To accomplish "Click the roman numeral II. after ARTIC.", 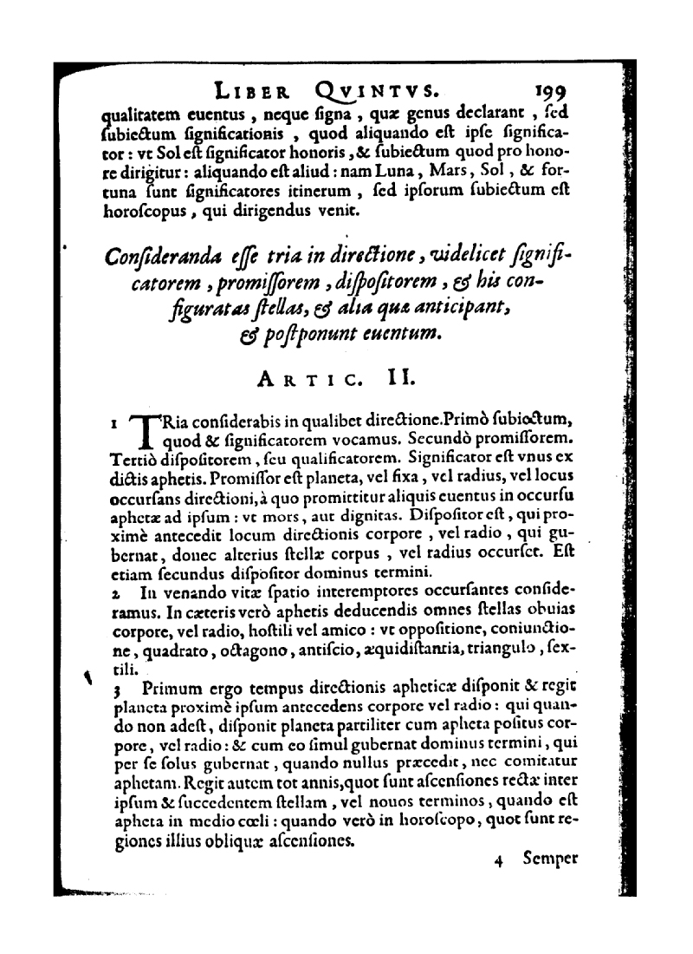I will pyautogui.click(x=384, y=377).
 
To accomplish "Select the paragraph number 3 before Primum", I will pyautogui.click(x=117, y=691).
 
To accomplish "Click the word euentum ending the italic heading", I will pyautogui.click(x=411, y=333).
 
